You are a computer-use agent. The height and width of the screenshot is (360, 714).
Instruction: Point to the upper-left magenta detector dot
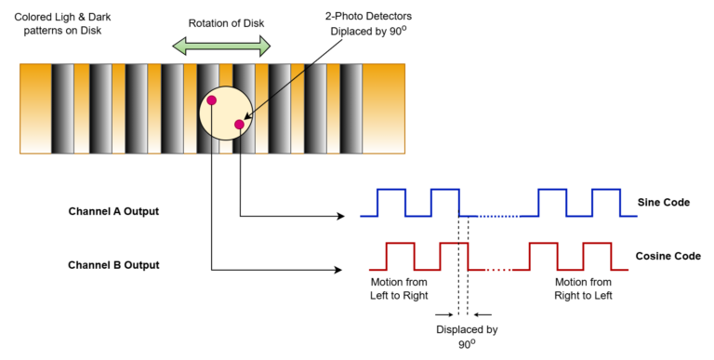[x=212, y=100]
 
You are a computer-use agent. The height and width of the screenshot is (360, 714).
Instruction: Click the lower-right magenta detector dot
[x=239, y=124]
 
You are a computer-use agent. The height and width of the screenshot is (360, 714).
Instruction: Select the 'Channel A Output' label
[x=113, y=211]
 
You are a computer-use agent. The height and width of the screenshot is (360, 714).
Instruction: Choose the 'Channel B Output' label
[x=113, y=265]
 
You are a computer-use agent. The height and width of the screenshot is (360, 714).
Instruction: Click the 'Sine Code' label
[x=663, y=202]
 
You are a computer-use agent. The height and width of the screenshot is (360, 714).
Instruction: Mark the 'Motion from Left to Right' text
[x=383, y=288]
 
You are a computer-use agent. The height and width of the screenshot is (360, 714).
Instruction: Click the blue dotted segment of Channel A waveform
[x=497, y=216]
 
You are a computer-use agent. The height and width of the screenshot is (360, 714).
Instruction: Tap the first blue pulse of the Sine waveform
[x=390, y=202]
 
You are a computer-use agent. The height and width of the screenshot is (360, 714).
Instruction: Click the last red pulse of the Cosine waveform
[x=595, y=256]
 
